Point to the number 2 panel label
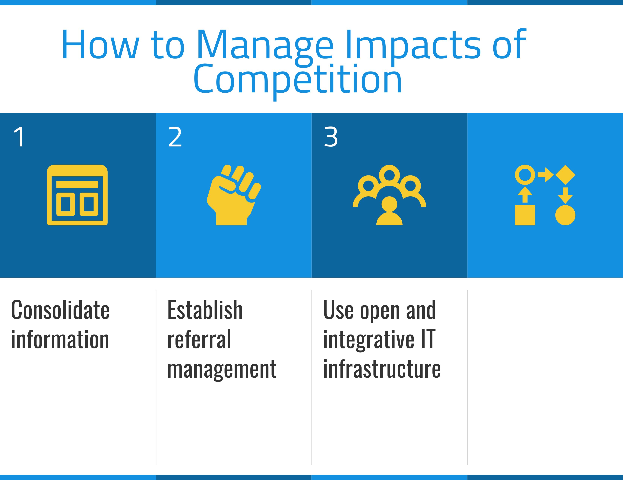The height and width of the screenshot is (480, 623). tap(175, 137)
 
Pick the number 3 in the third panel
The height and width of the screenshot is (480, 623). tap(331, 137)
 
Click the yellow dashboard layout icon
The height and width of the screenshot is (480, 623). tap(77, 195)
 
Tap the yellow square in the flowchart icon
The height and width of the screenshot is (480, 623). tap(525, 215)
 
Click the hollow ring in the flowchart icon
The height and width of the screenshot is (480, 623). tap(525, 175)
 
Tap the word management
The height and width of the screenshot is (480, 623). tap(222, 370)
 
